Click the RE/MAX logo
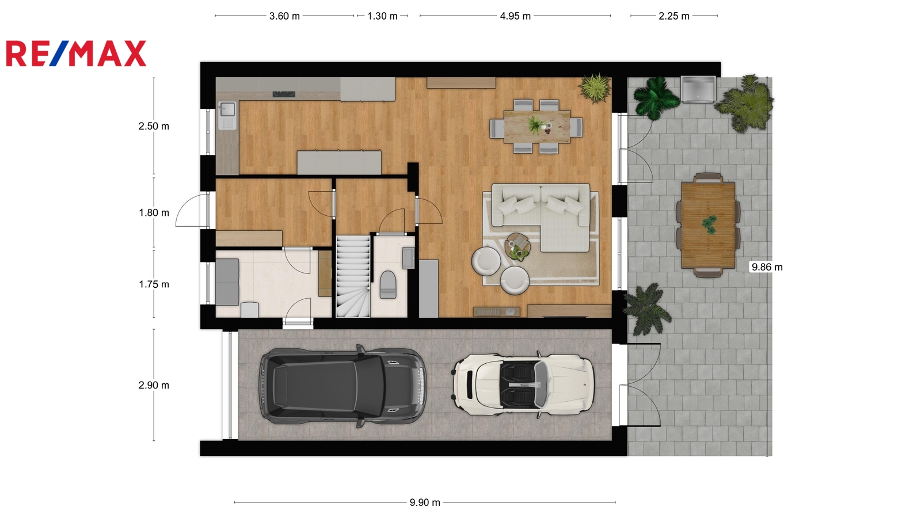[76, 54]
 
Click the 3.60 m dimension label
[284, 16]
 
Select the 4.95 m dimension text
[515, 16]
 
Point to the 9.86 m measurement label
[767, 267]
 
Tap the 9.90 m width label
[425, 502]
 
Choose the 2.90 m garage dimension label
[154, 385]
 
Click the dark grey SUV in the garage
[342, 385]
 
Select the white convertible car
[523, 386]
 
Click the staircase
[353, 276]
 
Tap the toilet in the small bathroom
[388, 284]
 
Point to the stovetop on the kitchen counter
[284, 94]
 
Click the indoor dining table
[537, 126]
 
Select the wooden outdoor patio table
[708, 225]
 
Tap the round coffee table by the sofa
[517, 247]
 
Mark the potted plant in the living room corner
[595, 88]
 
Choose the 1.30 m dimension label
[382, 16]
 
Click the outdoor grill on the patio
[698, 89]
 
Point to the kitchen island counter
[339, 163]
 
